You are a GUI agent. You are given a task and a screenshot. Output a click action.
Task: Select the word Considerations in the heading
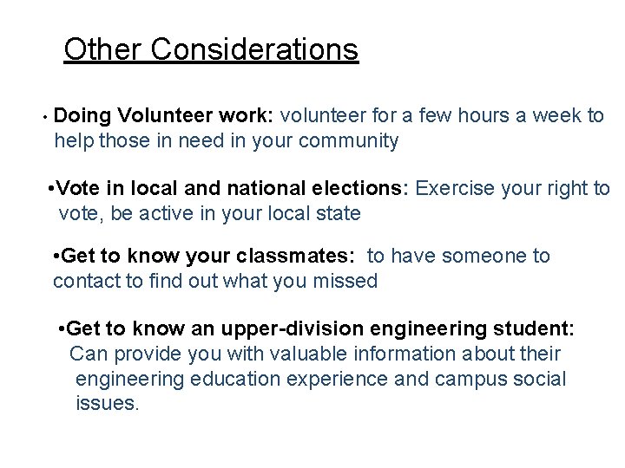(x=254, y=49)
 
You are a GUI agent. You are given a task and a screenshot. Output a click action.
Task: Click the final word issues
(x=107, y=403)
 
